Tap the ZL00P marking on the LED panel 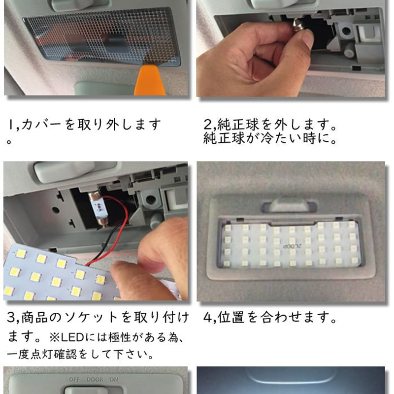pos(287,245)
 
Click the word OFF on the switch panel pos(75,380)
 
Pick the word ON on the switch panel pos(113,380)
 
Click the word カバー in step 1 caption pos(41,124)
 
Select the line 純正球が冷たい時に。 pos(270,139)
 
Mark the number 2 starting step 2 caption pos(207,124)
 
